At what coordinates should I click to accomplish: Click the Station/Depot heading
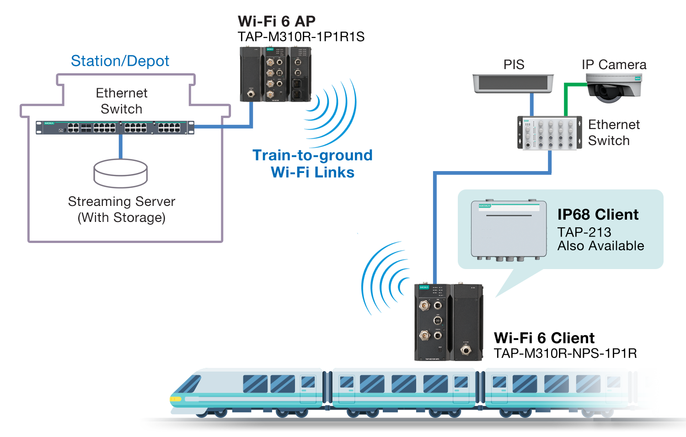point(120,61)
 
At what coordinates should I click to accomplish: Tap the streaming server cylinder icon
point(121,173)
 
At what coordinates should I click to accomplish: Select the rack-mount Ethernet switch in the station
point(115,127)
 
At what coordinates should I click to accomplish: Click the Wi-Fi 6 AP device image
point(275,74)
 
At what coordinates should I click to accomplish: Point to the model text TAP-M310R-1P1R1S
point(301,37)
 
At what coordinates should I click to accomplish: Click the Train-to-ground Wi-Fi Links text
point(312,163)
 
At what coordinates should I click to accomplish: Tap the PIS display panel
point(513,84)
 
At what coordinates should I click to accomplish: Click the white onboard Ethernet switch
point(549,133)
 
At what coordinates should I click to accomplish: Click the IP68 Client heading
point(598,214)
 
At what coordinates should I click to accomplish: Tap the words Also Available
point(600,246)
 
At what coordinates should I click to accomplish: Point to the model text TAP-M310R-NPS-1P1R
point(565,353)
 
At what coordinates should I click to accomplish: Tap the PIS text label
point(514,65)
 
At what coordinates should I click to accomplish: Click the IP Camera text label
point(614,65)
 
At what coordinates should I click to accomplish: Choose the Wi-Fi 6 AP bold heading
point(276,21)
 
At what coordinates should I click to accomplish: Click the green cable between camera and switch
point(566,98)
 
